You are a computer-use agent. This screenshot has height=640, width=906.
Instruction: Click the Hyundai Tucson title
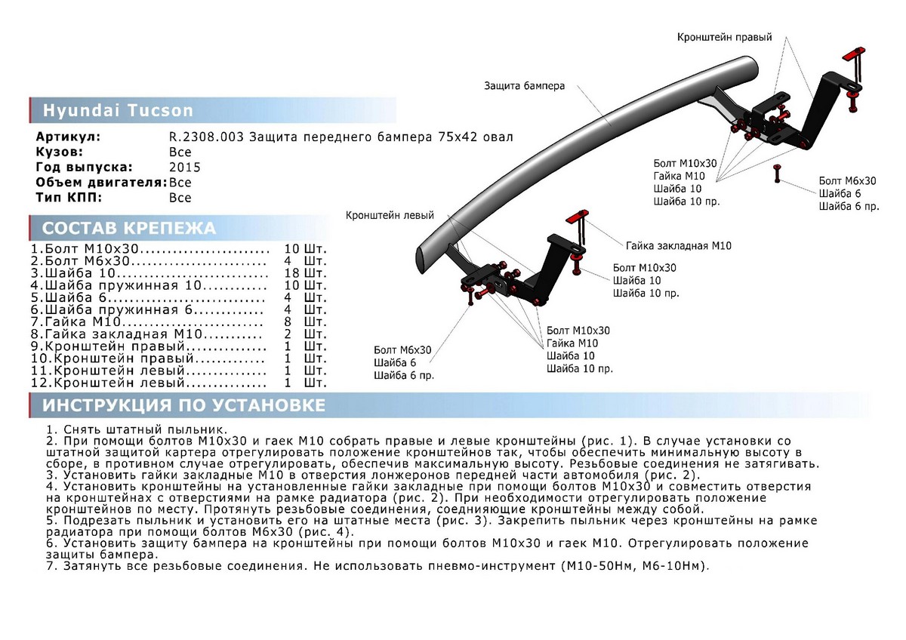coord(118,111)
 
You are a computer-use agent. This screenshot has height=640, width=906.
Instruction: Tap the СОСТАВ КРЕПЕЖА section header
coord(129,229)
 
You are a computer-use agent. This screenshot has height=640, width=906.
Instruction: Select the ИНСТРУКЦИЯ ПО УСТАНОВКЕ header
coord(183,405)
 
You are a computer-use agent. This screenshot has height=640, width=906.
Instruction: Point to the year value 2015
coord(185,168)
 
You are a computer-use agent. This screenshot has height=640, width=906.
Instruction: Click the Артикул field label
coord(68,137)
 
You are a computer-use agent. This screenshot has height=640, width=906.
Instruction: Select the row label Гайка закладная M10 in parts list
coord(125,334)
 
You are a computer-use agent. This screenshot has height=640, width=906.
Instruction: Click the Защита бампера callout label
coord(524,86)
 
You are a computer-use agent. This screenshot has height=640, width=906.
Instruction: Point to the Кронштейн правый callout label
coord(724,36)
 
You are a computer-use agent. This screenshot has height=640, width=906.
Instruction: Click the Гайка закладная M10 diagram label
coord(678,245)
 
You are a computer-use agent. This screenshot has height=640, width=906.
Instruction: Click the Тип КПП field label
coord(69,198)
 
